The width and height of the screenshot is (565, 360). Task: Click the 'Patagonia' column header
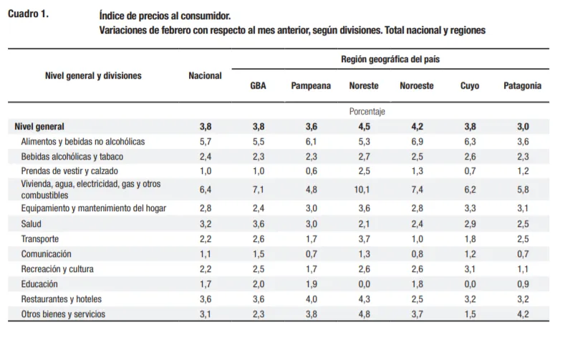pyautogui.click(x=522, y=86)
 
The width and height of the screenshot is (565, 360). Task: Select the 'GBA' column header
pyautogui.click(x=259, y=86)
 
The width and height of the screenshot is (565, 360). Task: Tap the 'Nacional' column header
pyautogui.click(x=205, y=75)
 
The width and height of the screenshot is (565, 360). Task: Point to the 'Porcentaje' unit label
pyautogui.click(x=367, y=112)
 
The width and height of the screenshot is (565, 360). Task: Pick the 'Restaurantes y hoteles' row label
pyautogui.click(x=62, y=298)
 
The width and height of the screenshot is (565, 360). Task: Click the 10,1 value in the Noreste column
pyautogui.click(x=364, y=190)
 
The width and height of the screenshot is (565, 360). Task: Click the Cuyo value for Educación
pyautogui.click(x=470, y=283)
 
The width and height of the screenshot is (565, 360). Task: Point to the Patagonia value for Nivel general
pyautogui.click(x=522, y=127)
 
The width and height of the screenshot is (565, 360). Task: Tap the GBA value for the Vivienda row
pyautogui.click(x=259, y=190)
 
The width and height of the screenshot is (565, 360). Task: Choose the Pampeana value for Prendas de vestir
pyautogui.click(x=311, y=171)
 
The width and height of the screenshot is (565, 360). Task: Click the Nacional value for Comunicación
pyautogui.click(x=205, y=253)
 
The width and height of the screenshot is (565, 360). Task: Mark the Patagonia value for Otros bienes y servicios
pyautogui.click(x=522, y=313)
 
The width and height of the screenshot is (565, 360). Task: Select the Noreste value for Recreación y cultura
pyautogui.click(x=364, y=268)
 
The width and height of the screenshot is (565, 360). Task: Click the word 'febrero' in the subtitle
pyautogui.click(x=178, y=31)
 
